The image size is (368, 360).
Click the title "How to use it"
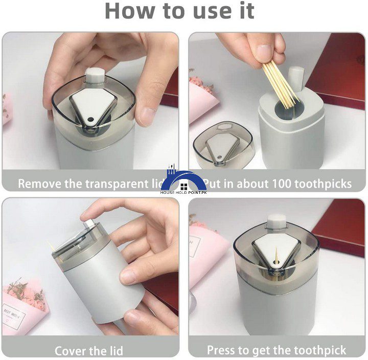point(179,11)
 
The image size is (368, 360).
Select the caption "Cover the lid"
point(88,351)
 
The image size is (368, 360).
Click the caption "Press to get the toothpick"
point(277,350)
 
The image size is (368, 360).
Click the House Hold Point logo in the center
point(184,182)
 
